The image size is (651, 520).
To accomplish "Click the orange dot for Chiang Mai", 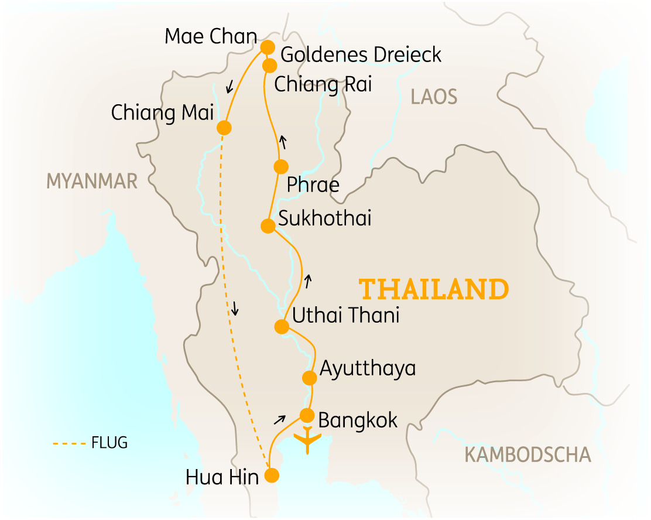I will point(224,128).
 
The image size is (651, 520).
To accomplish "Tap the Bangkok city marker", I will point(307,415).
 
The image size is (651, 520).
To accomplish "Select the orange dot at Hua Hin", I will point(272,475).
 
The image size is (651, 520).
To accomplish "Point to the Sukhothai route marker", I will point(268,225).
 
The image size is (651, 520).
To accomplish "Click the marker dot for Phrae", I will point(281,166).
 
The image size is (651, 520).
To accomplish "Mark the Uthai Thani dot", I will point(282,326).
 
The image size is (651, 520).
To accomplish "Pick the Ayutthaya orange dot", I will point(309,378).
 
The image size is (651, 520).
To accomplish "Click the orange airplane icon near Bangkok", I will point(307,440).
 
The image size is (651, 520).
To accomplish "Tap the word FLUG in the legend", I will point(109,443).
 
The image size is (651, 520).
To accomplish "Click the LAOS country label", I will point(434,97).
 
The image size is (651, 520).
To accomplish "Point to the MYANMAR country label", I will point(92,182).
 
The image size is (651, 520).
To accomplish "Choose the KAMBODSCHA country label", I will point(527,454).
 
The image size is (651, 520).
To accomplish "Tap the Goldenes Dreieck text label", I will point(361,55).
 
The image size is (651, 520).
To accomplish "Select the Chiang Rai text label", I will point(323,84).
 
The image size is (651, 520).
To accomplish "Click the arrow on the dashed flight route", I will point(235,309).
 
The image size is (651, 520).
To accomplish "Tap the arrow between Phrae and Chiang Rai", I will point(283,142).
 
